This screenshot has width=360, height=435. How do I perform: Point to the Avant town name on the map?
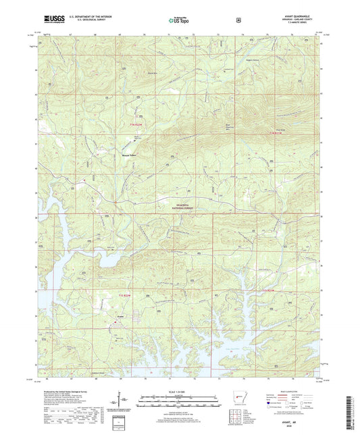click(118, 315)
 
